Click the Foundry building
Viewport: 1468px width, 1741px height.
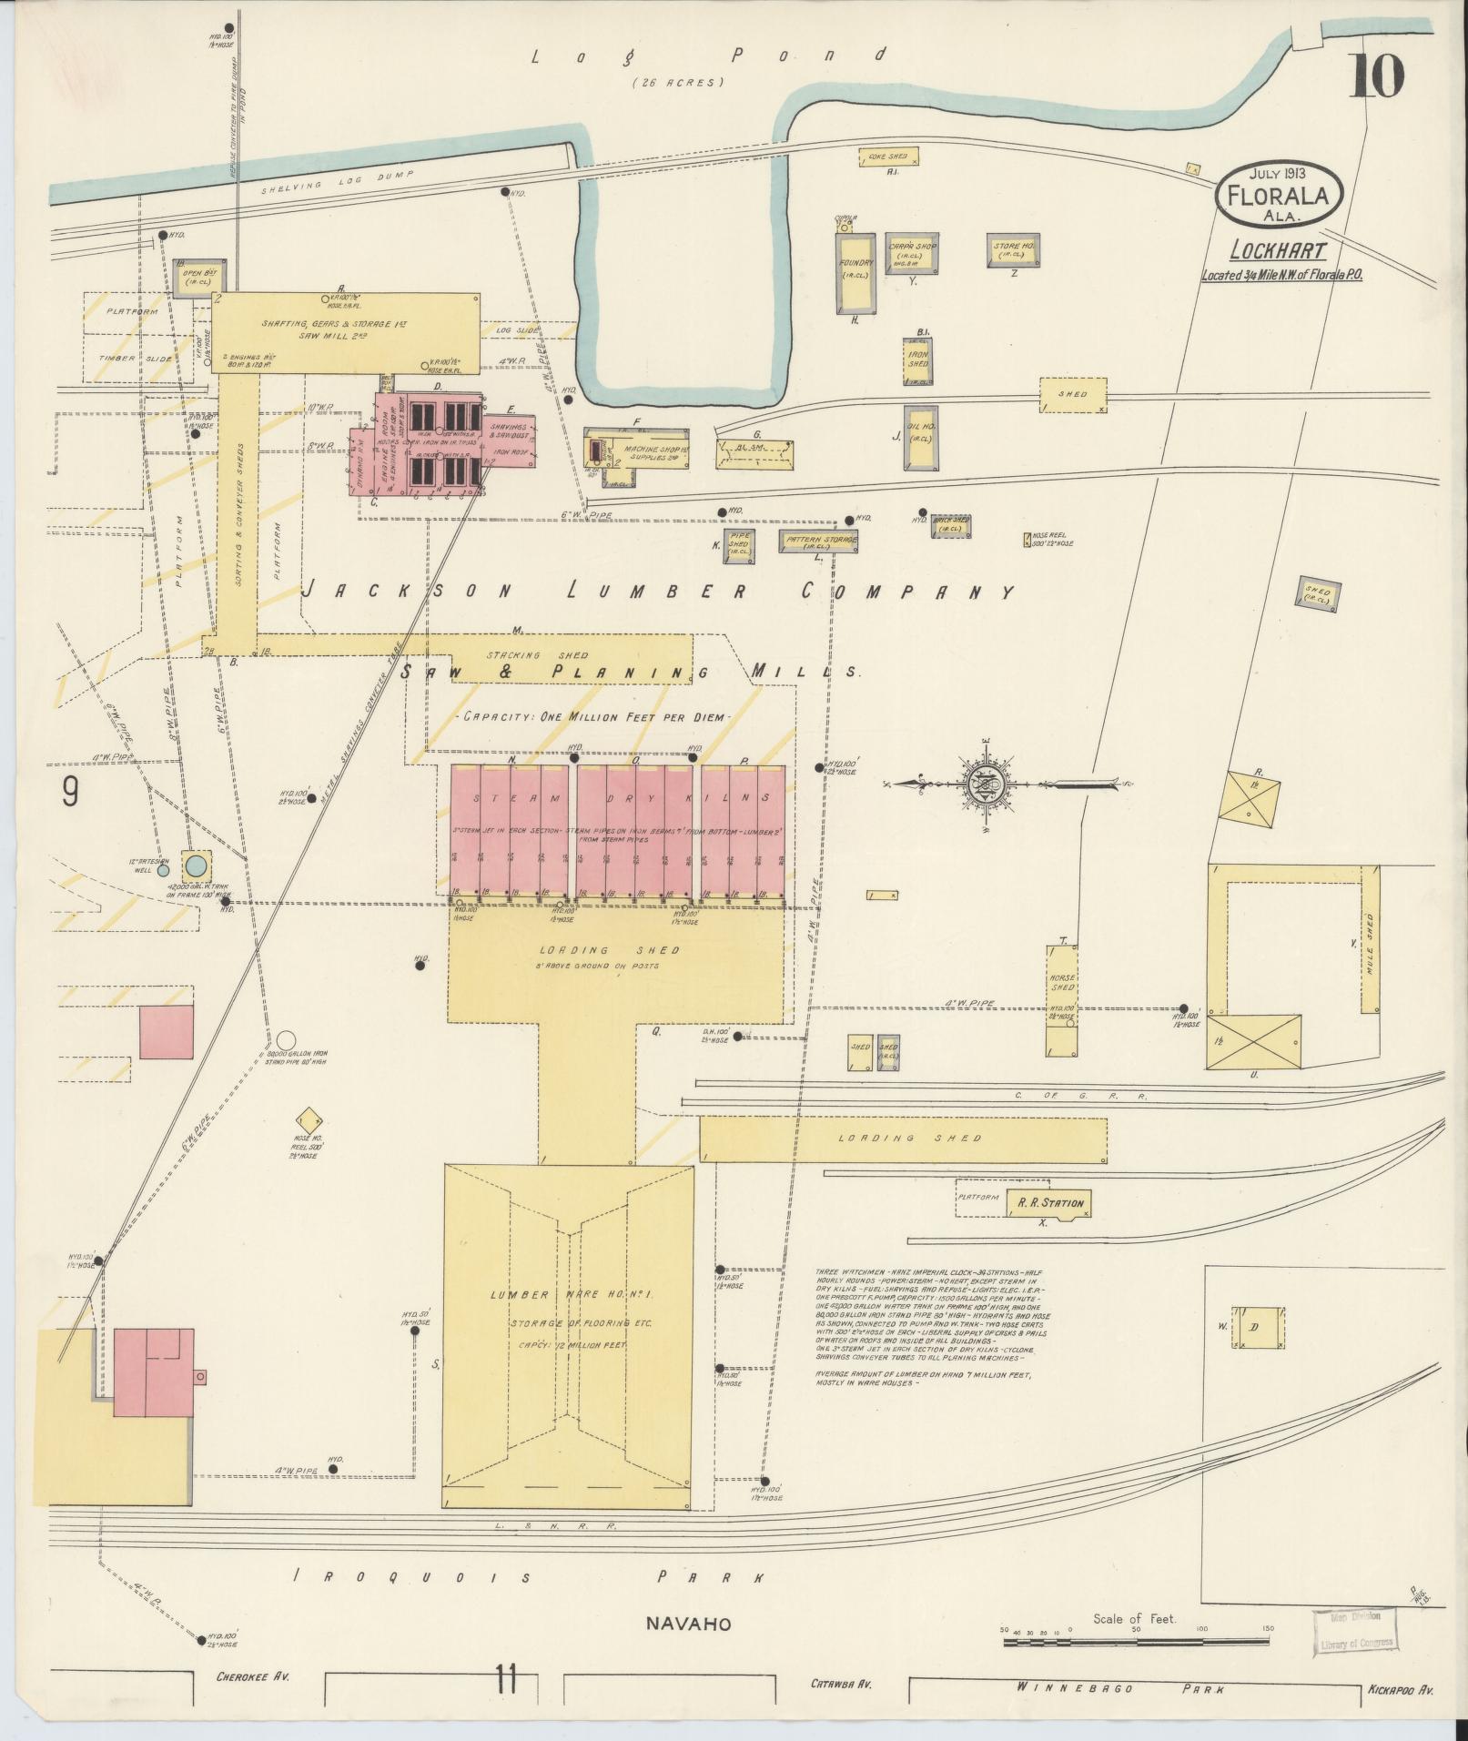coord(856,271)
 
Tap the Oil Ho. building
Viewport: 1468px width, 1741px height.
coord(920,438)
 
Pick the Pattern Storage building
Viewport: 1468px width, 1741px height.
coord(819,540)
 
